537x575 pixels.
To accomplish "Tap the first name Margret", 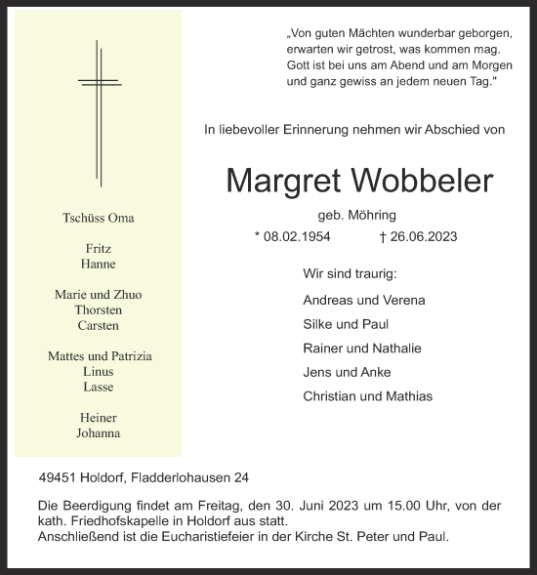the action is click(280, 181).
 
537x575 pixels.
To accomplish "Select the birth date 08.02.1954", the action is click(297, 236).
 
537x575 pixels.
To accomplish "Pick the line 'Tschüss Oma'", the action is click(99, 217).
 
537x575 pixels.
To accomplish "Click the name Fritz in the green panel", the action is click(99, 249).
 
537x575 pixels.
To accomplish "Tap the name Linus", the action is click(99, 372).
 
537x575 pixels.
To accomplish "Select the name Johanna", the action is click(99, 434).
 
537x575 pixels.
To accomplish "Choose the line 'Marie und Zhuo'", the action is click(99, 295).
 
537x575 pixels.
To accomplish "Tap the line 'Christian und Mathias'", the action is click(368, 396).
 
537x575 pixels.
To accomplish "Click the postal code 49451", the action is click(56, 478).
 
